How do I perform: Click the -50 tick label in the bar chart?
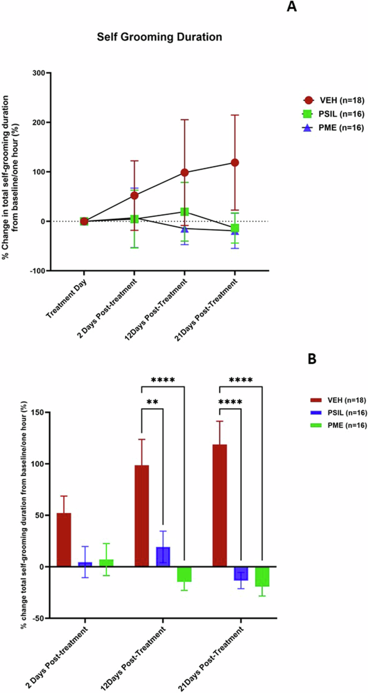tap(38, 618)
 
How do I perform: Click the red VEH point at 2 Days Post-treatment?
tap(134, 195)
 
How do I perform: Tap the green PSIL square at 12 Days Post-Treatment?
tap(184, 211)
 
